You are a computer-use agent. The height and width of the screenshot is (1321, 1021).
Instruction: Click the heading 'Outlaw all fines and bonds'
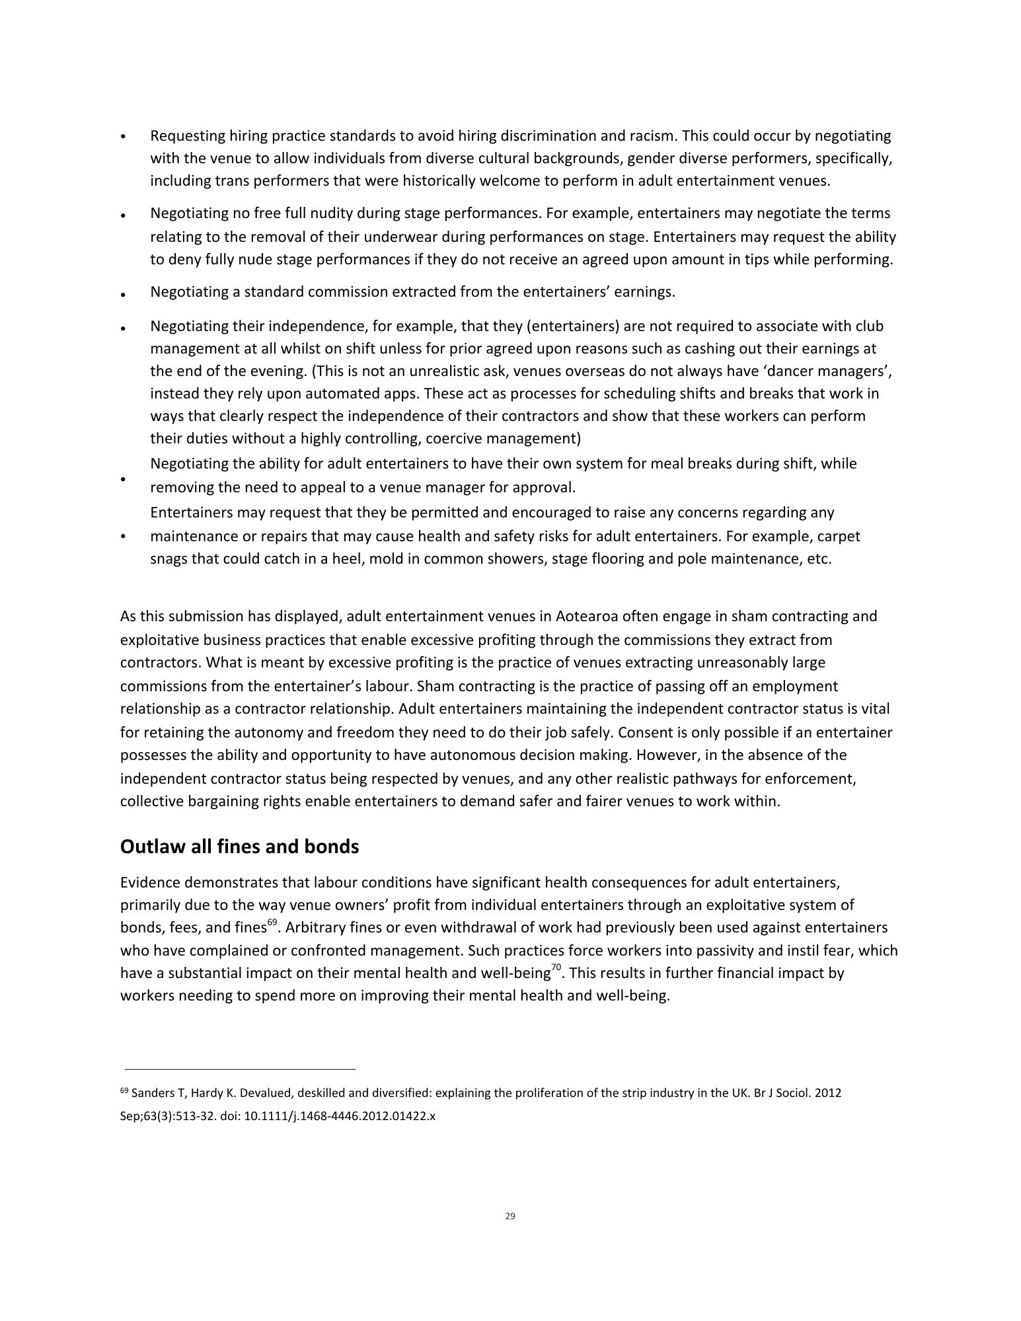[239, 847]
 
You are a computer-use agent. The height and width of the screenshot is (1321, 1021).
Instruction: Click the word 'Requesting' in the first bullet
[187, 136]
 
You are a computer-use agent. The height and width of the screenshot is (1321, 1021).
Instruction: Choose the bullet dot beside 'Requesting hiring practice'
[124, 137]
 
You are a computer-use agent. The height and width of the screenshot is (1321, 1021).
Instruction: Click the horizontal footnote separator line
[240, 1069]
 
